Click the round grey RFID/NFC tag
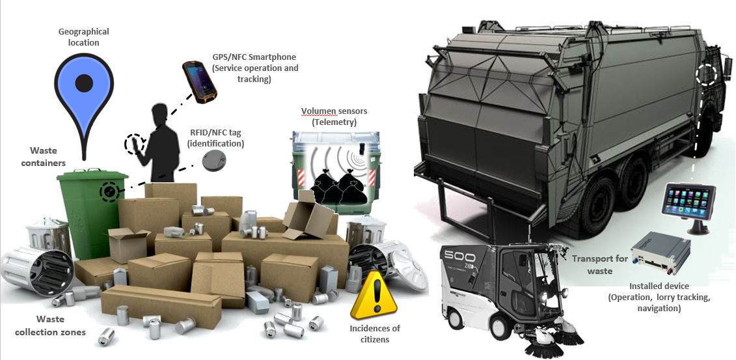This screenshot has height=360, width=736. (x=213, y=161)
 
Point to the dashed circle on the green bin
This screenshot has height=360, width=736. (x=109, y=191)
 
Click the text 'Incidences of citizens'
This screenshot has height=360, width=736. (x=375, y=333)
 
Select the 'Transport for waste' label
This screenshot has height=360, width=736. (x=599, y=264)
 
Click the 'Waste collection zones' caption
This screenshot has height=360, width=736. (x=61, y=325)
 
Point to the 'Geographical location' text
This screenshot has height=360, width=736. (x=83, y=36)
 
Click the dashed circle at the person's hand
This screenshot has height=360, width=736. (x=134, y=144)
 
